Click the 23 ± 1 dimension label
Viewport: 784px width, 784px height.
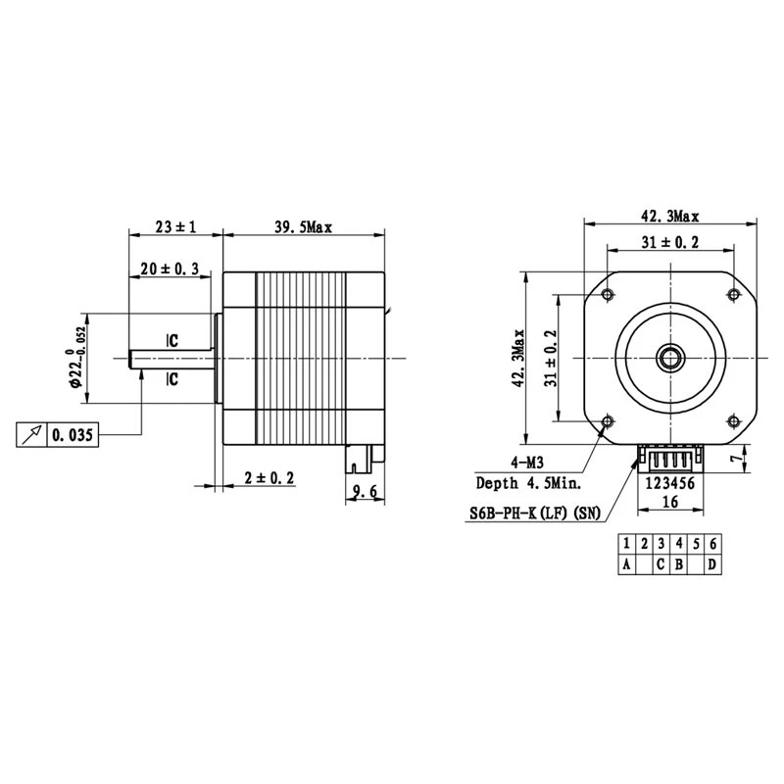click(176, 226)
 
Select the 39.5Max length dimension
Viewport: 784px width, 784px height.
click(304, 226)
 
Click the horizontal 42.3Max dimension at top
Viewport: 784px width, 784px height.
click(670, 216)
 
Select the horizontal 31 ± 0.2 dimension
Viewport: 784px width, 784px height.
click(670, 243)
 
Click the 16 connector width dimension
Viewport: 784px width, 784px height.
click(670, 501)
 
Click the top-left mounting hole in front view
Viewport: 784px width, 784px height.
click(609, 295)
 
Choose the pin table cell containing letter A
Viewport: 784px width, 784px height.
click(626, 564)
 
